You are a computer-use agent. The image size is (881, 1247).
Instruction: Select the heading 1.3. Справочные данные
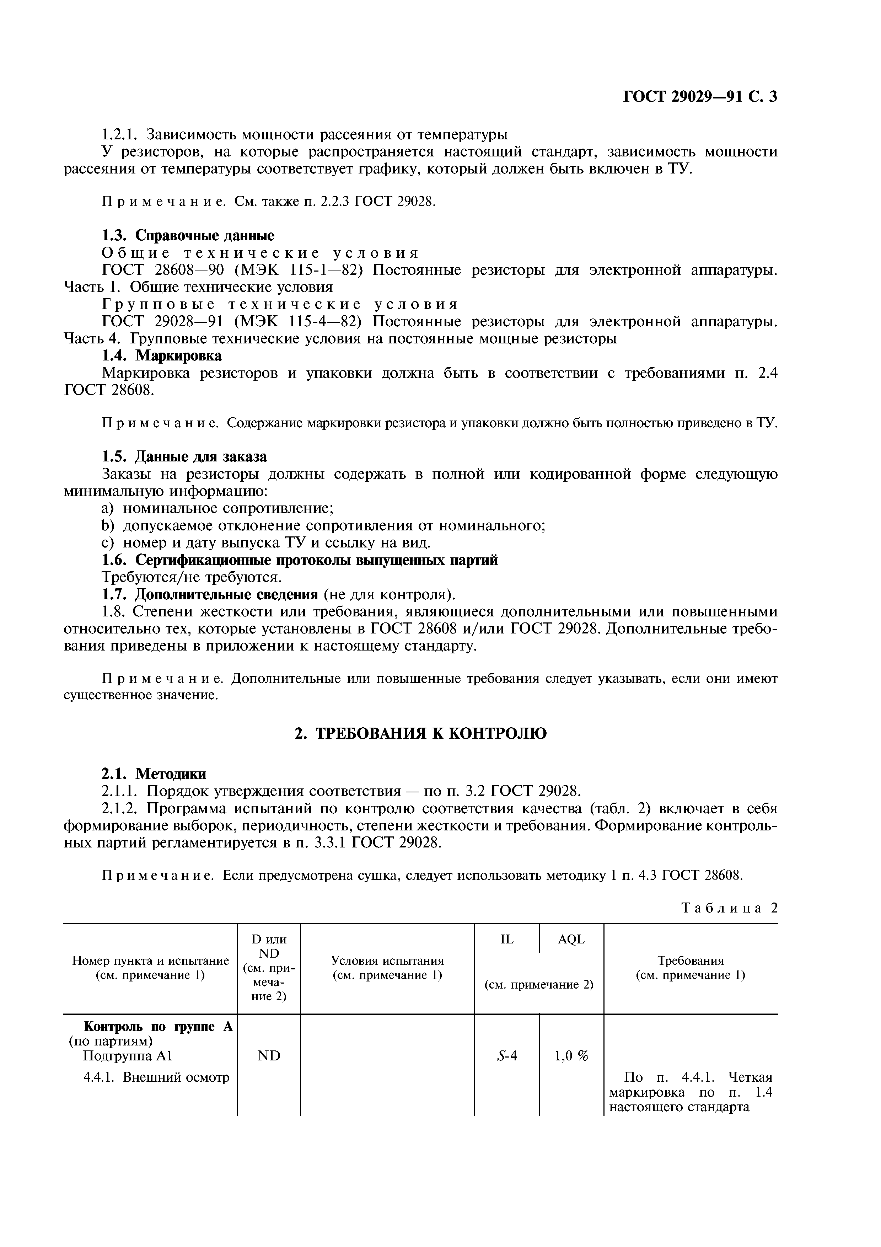[x=188, y=235]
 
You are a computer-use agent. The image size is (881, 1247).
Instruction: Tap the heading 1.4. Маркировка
[x=162, y=356]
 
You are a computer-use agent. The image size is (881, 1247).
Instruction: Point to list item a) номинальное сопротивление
[x=217, y=508]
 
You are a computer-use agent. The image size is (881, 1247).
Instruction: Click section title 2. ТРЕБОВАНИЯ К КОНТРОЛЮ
[x=420, y=734]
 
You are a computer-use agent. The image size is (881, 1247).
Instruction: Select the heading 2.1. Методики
[x=154, y=774]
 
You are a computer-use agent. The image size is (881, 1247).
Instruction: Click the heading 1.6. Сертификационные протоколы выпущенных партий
[x=300, y=560]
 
